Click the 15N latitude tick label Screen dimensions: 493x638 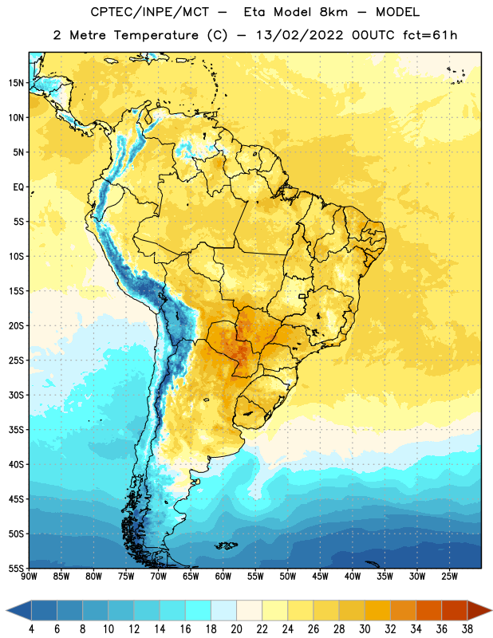pos(16,83)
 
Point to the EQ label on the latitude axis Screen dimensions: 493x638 pos(18,187)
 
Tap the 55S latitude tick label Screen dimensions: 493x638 pos(16,568)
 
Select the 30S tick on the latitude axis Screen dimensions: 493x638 pos(16,395)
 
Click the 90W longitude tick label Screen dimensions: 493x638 pos(30,577)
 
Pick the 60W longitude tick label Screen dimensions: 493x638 pos(223,577)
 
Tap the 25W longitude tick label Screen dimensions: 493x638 pos(449,577)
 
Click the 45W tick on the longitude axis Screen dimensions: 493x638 pos(320,577)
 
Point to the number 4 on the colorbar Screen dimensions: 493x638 pos(31,629)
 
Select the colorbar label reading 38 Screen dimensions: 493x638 pos(467,629)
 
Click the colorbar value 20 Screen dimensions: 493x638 pos(236,629)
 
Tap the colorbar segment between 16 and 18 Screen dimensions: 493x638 pos(199,610)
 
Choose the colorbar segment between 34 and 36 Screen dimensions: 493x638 pos(429,610)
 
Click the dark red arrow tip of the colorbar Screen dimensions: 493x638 pos(491,610)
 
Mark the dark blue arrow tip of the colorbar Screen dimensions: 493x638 pos(7,610)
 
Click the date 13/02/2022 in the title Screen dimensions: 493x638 pos(299,35)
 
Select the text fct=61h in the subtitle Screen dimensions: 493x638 pos(430,35)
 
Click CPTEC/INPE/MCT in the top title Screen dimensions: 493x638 pos(150,12)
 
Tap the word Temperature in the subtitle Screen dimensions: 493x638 pos(156,35)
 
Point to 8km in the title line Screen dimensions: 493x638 pos(333,12)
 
